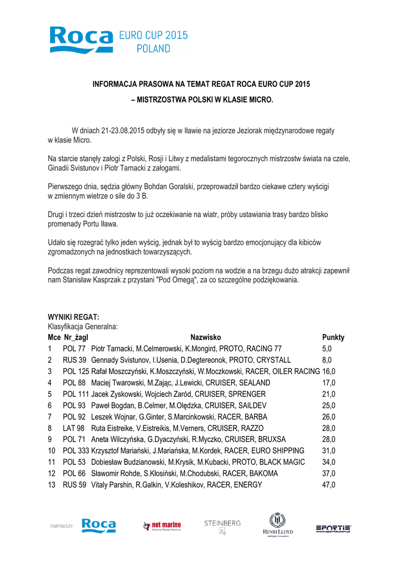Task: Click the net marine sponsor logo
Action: [x=162, y=525]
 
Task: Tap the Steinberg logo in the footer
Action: [x=222, y=526]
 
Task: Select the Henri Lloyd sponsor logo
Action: [x=277, y=524]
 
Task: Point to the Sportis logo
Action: [x=333, y=528]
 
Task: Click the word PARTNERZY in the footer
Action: [x=62, y=526]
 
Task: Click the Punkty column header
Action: [x=333, y=337]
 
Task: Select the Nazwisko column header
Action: [x=206, y=337]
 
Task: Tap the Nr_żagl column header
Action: [x=76, y=337]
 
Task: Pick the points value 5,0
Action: [x=327, y=348]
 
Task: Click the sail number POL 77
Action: [x=74, y=348]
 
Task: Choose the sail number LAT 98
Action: [x=74, y=428]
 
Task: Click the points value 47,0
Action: [x=329, y=485]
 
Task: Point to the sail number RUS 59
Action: [x=74, y=485]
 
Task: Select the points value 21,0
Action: [x=329, y=394]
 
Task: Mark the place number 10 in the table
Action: [x=52, y=451]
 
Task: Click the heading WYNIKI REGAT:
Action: [x=73, y=317]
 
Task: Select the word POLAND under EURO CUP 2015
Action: [x=153, y=49]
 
